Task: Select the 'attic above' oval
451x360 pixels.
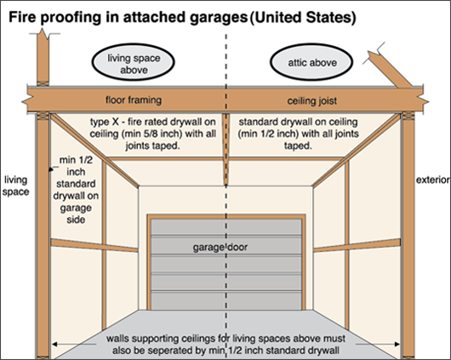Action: [x=311, y=62]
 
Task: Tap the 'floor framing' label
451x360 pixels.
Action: [x=134, y=100]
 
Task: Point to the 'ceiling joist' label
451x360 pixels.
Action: [x=312, y=101]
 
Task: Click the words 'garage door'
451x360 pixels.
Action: [x=220, y=248]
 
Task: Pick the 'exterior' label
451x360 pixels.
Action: [x=433, y=180]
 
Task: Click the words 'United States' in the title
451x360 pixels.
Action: [x=303, y=18]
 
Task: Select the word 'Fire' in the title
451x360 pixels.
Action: [x=21, y=17]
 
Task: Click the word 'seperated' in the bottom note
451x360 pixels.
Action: [x=166, y=351]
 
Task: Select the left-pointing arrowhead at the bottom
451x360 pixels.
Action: [x=54, y=344]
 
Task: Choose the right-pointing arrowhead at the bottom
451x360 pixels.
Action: [x=397, y=344]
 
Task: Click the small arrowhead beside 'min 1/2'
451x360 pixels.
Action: [x=51, y=169]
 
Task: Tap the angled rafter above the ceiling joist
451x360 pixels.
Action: [x=390, y=69]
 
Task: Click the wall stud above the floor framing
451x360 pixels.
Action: [x=43, y=58]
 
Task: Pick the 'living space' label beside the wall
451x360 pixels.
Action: [x=15, y=186]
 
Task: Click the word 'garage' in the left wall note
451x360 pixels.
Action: [x=76, y=208]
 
